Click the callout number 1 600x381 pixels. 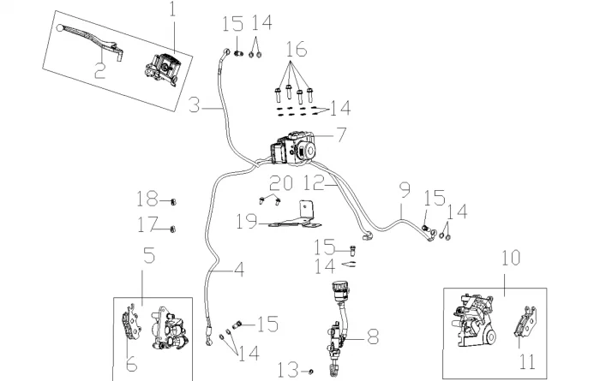click(171, 11)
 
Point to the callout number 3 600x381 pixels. click(195, 105)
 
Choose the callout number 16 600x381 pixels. click(296, 50)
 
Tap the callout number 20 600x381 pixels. click(281, 183)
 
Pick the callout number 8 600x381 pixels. click(372, 336)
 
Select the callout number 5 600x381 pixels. click(148, 255)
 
